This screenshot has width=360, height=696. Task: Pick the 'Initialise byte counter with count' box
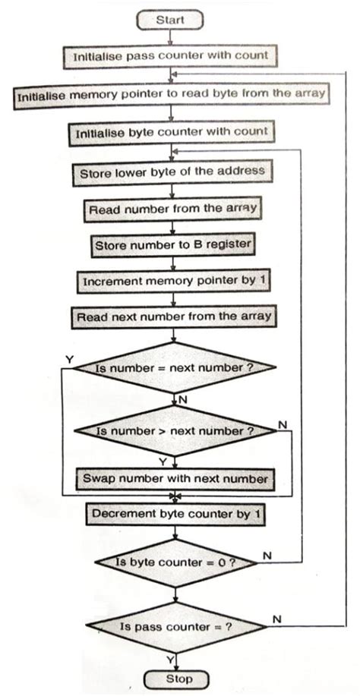(x=172, y=133)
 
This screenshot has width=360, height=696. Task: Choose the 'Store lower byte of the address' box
(x=172, y=172)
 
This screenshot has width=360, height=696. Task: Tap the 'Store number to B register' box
(x=174, y=245)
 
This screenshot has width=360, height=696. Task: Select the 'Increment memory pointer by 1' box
(x=174, y=281)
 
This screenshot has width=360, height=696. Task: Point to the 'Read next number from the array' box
(x=174, y=316)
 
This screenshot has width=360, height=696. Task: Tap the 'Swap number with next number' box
(x=174, y=479)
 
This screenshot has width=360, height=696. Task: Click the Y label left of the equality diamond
(x=70, y=357)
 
